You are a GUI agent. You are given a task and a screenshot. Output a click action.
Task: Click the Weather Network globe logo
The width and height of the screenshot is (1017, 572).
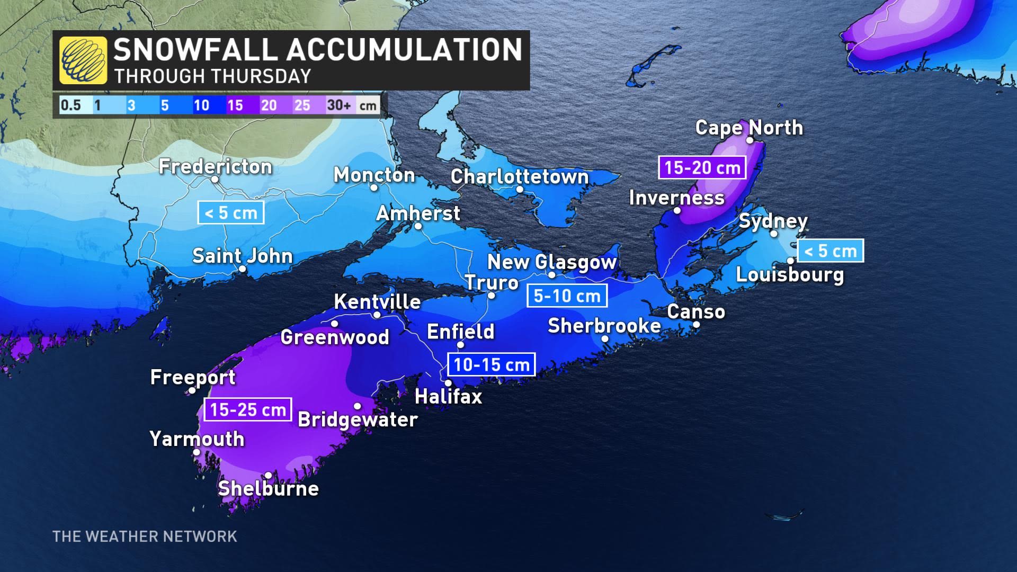click(83, 60)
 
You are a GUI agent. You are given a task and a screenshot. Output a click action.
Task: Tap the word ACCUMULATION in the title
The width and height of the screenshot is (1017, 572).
click(405, 50)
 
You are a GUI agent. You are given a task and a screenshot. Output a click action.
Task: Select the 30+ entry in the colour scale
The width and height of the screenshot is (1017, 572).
click(339, 105)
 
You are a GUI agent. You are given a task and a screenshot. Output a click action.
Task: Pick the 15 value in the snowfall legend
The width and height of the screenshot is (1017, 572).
click(235, 105)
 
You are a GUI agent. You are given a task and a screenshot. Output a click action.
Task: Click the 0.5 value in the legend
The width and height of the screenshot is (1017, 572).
click(70, 105)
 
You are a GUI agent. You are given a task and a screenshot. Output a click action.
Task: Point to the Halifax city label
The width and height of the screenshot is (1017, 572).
click(448, 396)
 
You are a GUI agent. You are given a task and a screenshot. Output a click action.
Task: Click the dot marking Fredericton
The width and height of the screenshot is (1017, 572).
click(215, 180)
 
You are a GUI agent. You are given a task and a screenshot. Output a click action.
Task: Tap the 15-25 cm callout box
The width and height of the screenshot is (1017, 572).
click(248, 409)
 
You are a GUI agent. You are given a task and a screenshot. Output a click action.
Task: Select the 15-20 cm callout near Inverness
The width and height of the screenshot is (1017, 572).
click(702, 167)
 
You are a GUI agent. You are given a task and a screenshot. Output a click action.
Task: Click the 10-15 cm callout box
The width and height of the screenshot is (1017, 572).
click(492, 364)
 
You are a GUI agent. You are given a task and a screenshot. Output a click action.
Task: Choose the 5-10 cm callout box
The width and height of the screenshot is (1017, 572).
click(567, 296)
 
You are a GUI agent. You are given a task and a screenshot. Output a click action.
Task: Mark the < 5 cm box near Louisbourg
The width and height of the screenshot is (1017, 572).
click(830, 251)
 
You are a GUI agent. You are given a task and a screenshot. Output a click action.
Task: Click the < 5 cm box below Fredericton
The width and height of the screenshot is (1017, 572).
click(230, 213)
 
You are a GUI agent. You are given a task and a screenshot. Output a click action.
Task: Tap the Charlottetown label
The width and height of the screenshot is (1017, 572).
click(520, 176)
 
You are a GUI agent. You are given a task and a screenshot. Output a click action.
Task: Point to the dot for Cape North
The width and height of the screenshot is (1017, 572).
click(750, 140)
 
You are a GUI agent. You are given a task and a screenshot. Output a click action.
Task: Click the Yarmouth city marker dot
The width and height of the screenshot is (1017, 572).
click(197, 452)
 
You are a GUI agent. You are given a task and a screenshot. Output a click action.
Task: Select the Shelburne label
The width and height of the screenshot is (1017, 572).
click(269, 488)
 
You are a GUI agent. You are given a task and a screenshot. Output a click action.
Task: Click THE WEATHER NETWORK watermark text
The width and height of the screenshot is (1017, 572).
click(145, 537)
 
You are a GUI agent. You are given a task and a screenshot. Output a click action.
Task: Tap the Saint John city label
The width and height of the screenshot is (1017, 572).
click(242, 256)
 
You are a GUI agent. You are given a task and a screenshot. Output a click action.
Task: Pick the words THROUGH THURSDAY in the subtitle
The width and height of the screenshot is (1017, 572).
click(212, 76)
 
